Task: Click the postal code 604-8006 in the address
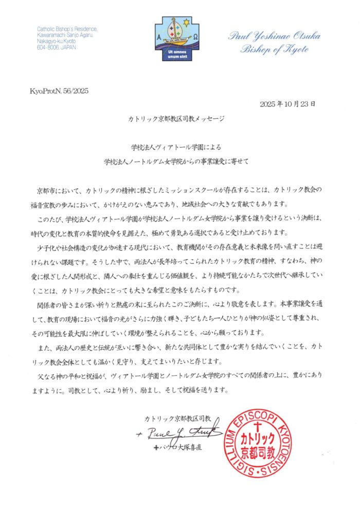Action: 47,45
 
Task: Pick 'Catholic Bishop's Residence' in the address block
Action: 67,28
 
